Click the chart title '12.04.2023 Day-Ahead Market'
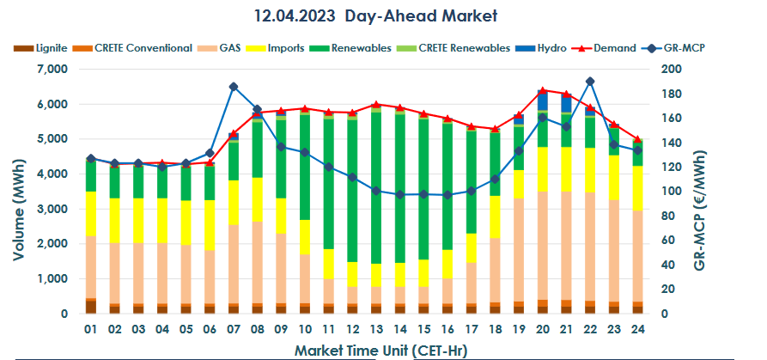(376, 15)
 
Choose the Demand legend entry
(613, 48)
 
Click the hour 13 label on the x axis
(375, 330)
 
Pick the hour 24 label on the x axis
(636, 330)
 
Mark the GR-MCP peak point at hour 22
(589, 82)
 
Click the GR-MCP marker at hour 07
(233, 87)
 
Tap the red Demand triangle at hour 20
(542, 90)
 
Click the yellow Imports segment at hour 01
(90, 214)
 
